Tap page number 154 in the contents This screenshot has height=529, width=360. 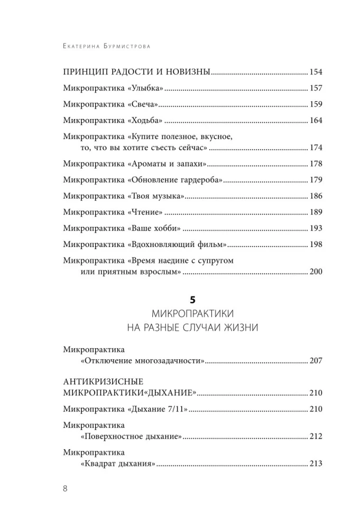[316, 72]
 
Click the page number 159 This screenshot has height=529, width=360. [316, 104]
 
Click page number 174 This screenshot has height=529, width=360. [316, 148]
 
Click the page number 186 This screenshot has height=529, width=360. [316, 196]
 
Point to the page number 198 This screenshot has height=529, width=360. [316, 245]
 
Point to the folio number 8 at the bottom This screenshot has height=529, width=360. [64, 489]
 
